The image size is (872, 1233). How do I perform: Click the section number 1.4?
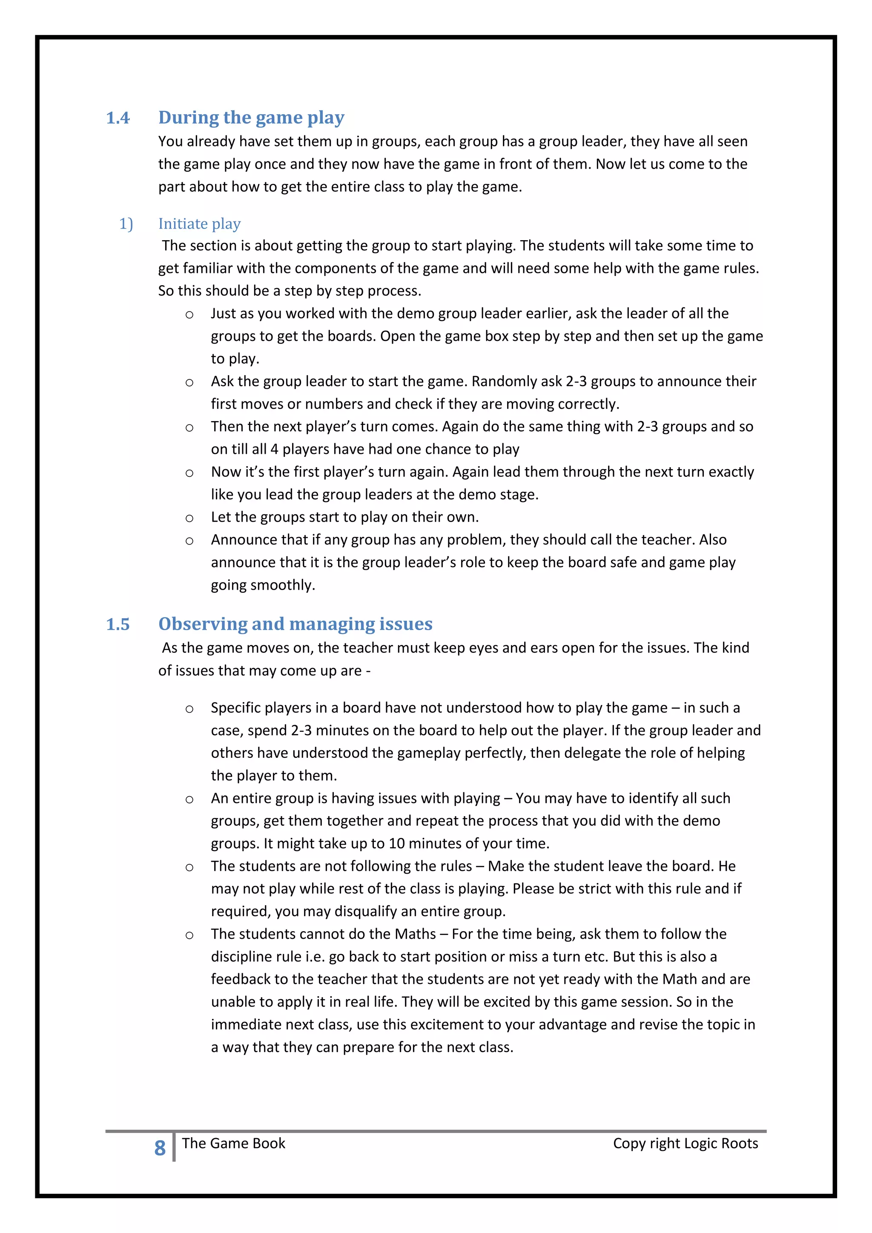[118, 118]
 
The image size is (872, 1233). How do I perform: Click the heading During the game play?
[251, 118]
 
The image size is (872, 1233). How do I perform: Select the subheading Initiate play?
[199, 224]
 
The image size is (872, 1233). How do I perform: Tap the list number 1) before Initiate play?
[126, 224]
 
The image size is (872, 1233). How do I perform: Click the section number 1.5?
[118, 624]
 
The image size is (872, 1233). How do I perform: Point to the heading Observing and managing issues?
[295, 624]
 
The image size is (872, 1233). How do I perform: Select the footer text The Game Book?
[234, 1143]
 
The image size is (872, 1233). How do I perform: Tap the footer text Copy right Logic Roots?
[685, 1143]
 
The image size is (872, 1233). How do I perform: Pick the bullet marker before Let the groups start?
[189, 518]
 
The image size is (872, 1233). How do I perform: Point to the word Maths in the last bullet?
[415, 934]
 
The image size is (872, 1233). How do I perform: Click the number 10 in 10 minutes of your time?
[396, 844]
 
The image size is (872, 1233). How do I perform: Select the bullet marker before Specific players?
[189, 709]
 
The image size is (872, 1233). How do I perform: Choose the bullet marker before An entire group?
[189, 800]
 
